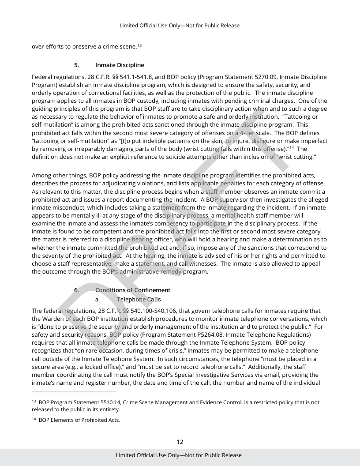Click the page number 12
point(180,442)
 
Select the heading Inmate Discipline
point(120,65)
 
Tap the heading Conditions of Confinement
point(133,290)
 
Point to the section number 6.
point(76,290)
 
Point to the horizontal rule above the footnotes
point(74,391)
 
